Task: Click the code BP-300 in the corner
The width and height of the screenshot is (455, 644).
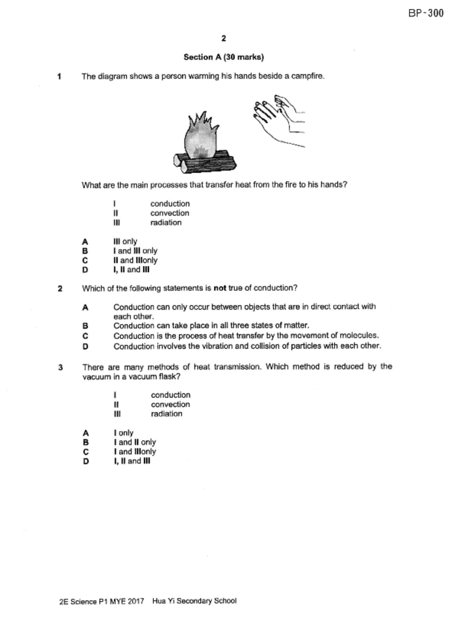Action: point(426,14)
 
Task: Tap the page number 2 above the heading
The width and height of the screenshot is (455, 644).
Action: point(224,38)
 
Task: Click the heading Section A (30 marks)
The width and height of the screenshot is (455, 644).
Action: point(224,57)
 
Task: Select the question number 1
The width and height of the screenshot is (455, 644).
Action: point(59,77)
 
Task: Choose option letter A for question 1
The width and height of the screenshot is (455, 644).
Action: point(85,242)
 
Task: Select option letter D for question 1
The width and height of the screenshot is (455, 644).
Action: point(85,270)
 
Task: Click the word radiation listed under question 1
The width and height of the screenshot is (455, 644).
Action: point(166,222)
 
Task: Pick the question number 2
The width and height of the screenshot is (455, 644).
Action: point(60,289)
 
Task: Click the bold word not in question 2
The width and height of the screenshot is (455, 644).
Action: point(220,288)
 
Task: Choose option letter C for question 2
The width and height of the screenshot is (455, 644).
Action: point(85,336)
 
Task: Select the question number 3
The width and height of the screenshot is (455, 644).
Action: point(61,368)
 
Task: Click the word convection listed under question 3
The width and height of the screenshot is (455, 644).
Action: point(170,404)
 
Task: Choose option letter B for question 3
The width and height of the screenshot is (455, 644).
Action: point(86,442)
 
